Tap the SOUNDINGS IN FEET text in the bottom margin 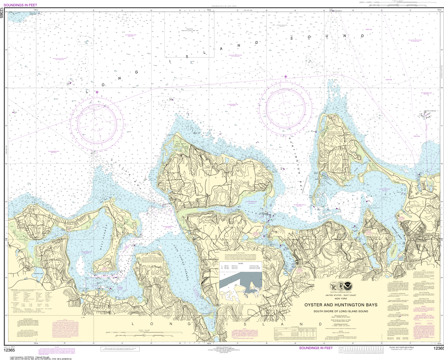click(x=316, y=348)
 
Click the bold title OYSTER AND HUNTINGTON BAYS click(x=341, y=305)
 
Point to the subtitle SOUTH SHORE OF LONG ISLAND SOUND click(x=341, y=310)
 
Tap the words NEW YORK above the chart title click(x=341, y=300)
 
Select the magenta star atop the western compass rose click(x=97, y=92)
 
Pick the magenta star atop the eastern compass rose click(x=285, y=76)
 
